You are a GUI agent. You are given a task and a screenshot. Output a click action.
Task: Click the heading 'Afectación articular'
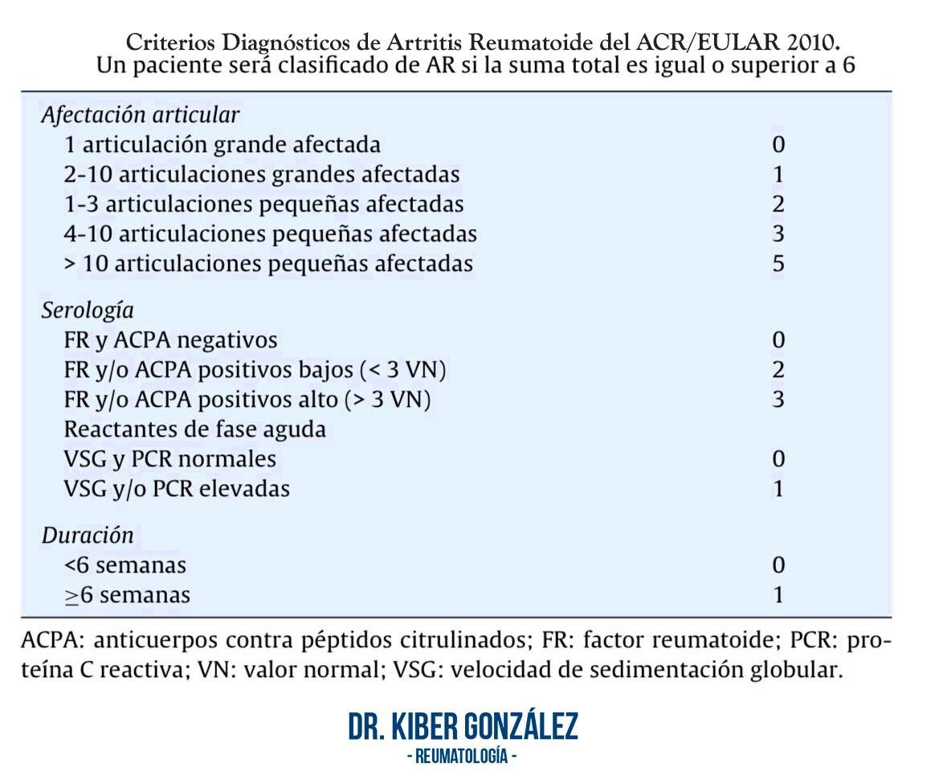140,115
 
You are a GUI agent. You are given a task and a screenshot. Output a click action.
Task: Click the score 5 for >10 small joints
778,264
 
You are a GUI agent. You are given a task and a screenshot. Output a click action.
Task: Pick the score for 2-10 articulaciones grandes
778,174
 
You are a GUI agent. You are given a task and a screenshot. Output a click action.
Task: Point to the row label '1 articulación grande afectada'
222,145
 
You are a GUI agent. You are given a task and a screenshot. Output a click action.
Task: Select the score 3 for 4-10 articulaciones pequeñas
778,234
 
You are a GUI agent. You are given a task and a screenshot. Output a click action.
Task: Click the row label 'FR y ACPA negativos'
170,340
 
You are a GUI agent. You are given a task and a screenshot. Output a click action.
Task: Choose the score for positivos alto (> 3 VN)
778,400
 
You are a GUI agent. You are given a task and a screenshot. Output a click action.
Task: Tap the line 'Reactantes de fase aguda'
194,429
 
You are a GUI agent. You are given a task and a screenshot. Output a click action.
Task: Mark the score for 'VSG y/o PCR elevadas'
778,489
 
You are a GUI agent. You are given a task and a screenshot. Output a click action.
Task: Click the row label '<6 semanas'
125,565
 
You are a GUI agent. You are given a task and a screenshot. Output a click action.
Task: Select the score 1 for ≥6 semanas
778,596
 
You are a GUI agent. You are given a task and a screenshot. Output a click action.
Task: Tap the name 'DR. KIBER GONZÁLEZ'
463,728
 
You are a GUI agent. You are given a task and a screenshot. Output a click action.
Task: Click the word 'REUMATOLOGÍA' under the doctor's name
462,757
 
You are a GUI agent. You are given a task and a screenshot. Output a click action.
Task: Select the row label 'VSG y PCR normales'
169,459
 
